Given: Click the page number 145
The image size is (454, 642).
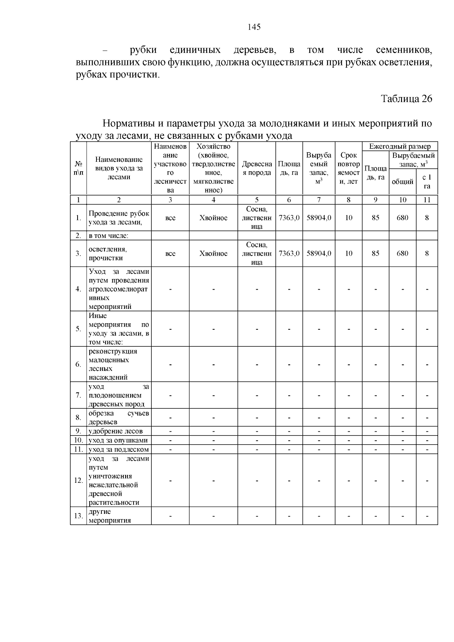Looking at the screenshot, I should pos(254,27).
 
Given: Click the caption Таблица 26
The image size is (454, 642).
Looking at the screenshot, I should pos(406,99).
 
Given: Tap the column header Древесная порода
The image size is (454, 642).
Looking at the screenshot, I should pos(257,169).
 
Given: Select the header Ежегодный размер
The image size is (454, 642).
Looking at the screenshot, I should pos(400,146).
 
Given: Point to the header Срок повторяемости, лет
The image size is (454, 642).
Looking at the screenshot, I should pos(348,168).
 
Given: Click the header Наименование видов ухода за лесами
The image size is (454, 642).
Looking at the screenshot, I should pos(119,168).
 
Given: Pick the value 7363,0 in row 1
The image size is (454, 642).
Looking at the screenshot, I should pos(289,218).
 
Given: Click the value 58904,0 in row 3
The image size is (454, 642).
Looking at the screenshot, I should pos(319,253).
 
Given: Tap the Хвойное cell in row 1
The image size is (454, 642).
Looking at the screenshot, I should pos(213,218).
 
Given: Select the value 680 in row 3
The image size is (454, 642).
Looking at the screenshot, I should pos(402,253).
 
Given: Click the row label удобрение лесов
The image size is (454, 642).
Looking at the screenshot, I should pos(115,431).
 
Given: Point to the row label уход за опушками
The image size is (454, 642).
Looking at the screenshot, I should pos(118,440).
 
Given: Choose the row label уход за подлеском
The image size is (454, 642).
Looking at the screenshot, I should pos(119,450).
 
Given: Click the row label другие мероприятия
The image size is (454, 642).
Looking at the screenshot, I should pos(110,516).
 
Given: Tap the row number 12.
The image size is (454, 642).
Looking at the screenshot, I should pos(78,481).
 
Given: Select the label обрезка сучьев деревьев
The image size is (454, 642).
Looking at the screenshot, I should pos(119,418).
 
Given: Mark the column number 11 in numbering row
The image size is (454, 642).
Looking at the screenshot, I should pos(427,200).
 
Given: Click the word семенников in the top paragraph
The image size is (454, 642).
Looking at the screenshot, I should pos(404,50).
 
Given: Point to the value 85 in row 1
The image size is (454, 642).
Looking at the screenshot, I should pos(375,218).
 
